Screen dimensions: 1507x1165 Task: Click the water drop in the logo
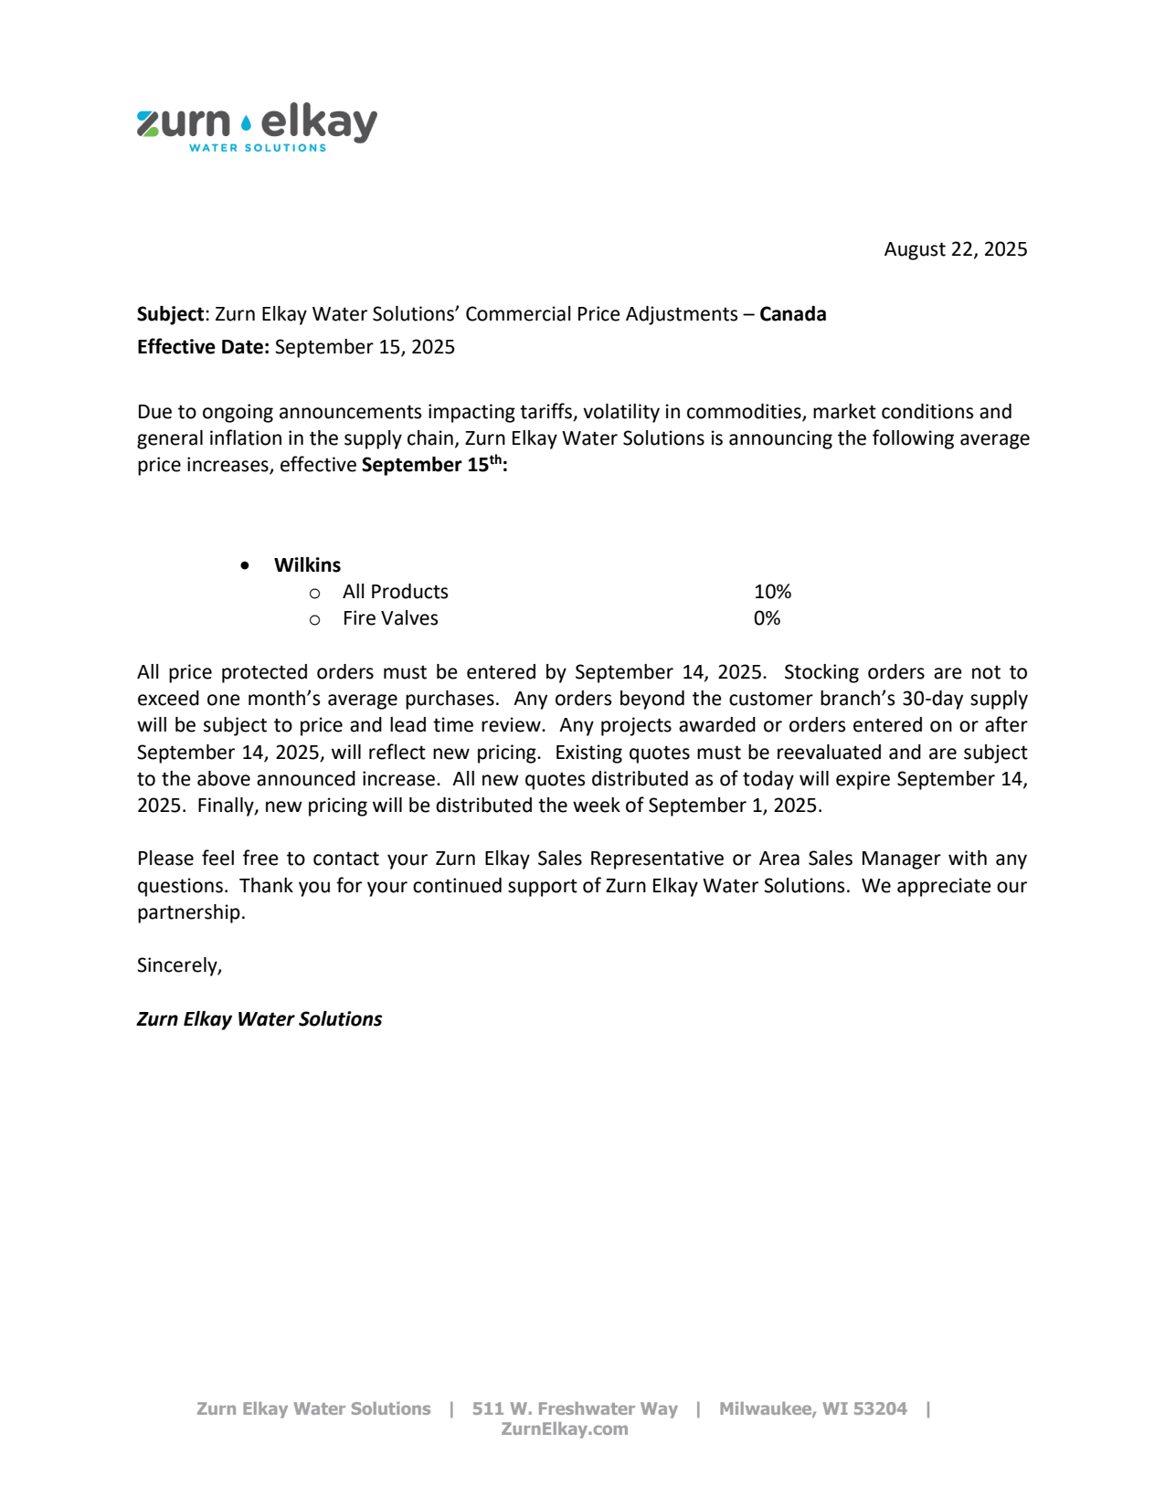click(x=246, y=123)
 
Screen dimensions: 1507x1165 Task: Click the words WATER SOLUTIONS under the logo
click(x=257, y=148)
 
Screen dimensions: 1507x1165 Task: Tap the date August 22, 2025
click(x=955, y=249)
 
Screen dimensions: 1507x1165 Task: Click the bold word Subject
click(x=171, y=314)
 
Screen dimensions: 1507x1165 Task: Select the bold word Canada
click(x=792, y=314)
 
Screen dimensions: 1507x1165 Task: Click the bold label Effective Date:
click(x=203, y=347)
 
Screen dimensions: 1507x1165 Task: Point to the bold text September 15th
click(x=433, y=464)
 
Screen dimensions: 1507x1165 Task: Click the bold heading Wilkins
click(x=307, y=564)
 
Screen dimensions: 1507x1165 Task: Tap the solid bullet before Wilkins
click(x=245, y=565)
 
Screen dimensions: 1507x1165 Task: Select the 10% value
click(x=772, y=592)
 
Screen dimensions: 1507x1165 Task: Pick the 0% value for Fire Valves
click(x=767, y=618)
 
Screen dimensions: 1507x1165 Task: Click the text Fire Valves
click(x=390, y=618)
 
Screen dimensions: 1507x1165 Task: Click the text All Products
click(x=395, y=592)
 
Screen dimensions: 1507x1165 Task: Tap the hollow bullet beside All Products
click(x=314, y=593)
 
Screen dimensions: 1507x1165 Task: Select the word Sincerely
click(x=178, y=965)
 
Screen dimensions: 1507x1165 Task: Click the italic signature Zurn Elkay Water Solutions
click(x=259, y=1019)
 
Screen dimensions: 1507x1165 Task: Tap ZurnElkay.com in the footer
click(x=564, y=1429)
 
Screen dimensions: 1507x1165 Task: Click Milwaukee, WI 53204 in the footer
click(x=812, y=1408)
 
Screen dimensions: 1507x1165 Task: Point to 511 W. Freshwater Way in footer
click(x=575, y=1408)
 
